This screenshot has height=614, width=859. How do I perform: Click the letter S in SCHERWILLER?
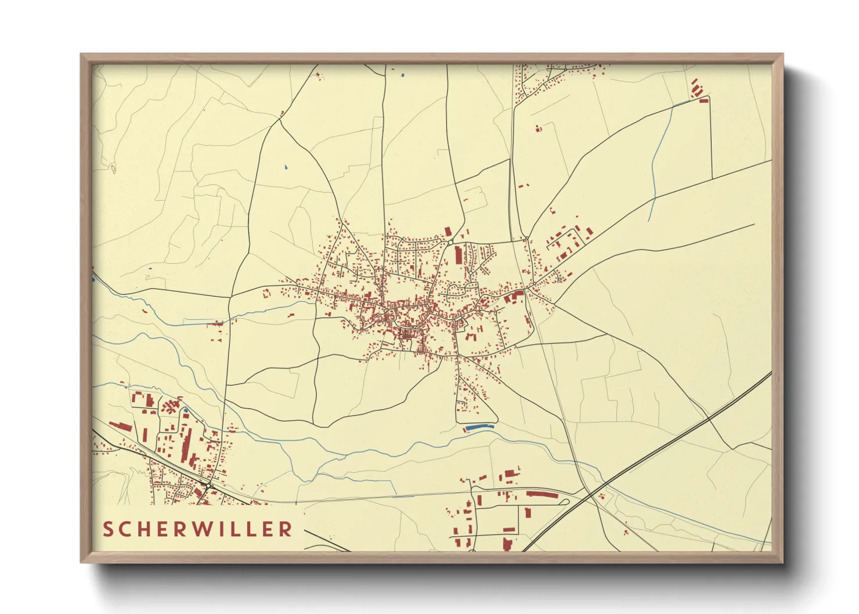click(108, 529)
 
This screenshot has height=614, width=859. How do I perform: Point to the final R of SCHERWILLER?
click(286, 529)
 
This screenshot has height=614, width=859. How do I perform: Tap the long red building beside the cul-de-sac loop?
click(542, 495)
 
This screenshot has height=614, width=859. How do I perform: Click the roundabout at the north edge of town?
click(450, 242)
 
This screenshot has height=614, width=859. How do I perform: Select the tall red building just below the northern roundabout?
click(458, 255)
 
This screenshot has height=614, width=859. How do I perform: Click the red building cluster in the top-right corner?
click(698, 91)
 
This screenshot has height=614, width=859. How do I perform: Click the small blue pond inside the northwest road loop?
click(286, 168)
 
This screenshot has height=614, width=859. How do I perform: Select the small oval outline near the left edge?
click(113, 168)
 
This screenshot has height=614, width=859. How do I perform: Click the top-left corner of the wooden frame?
click(82, 56)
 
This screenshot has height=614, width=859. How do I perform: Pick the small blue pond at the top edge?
click(402, 74)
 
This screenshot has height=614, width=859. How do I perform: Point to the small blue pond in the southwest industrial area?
click(185, 410)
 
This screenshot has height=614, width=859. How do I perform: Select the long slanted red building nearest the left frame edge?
click(121, 427)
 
